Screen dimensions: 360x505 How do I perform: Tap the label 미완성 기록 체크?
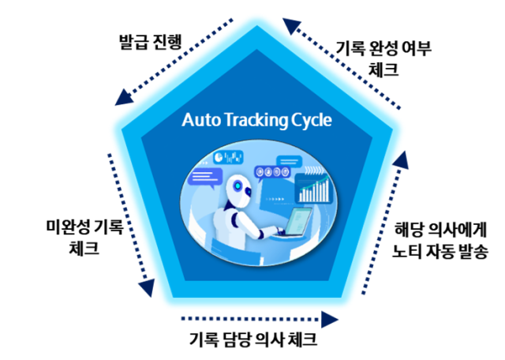[x=84, y=238]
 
